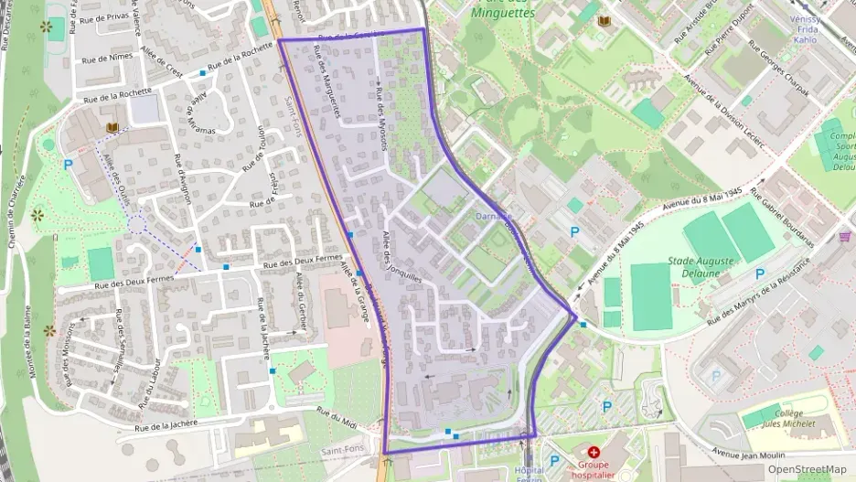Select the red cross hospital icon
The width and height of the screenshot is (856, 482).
coord(594,452)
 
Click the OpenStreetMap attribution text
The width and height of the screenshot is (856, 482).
coord(808,469)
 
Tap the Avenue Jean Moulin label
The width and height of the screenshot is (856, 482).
coord(749,453)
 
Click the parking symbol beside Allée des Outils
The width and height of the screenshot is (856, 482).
coord(68,166)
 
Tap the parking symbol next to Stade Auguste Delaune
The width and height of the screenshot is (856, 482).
coord(759,273)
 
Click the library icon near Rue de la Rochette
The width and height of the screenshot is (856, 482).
coord(112,128)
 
